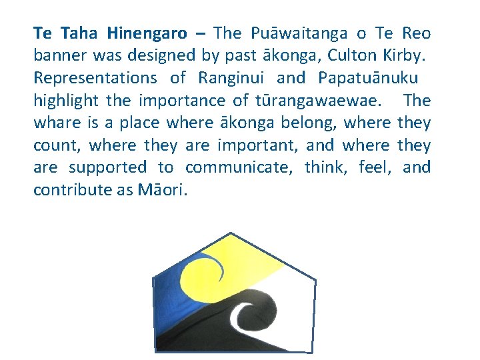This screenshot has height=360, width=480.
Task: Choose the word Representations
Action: point(95,78)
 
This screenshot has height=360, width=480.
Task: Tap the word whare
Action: point(55,123)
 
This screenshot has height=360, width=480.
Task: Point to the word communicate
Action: point(238,167)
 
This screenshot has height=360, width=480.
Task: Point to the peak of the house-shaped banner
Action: point(230,234)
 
